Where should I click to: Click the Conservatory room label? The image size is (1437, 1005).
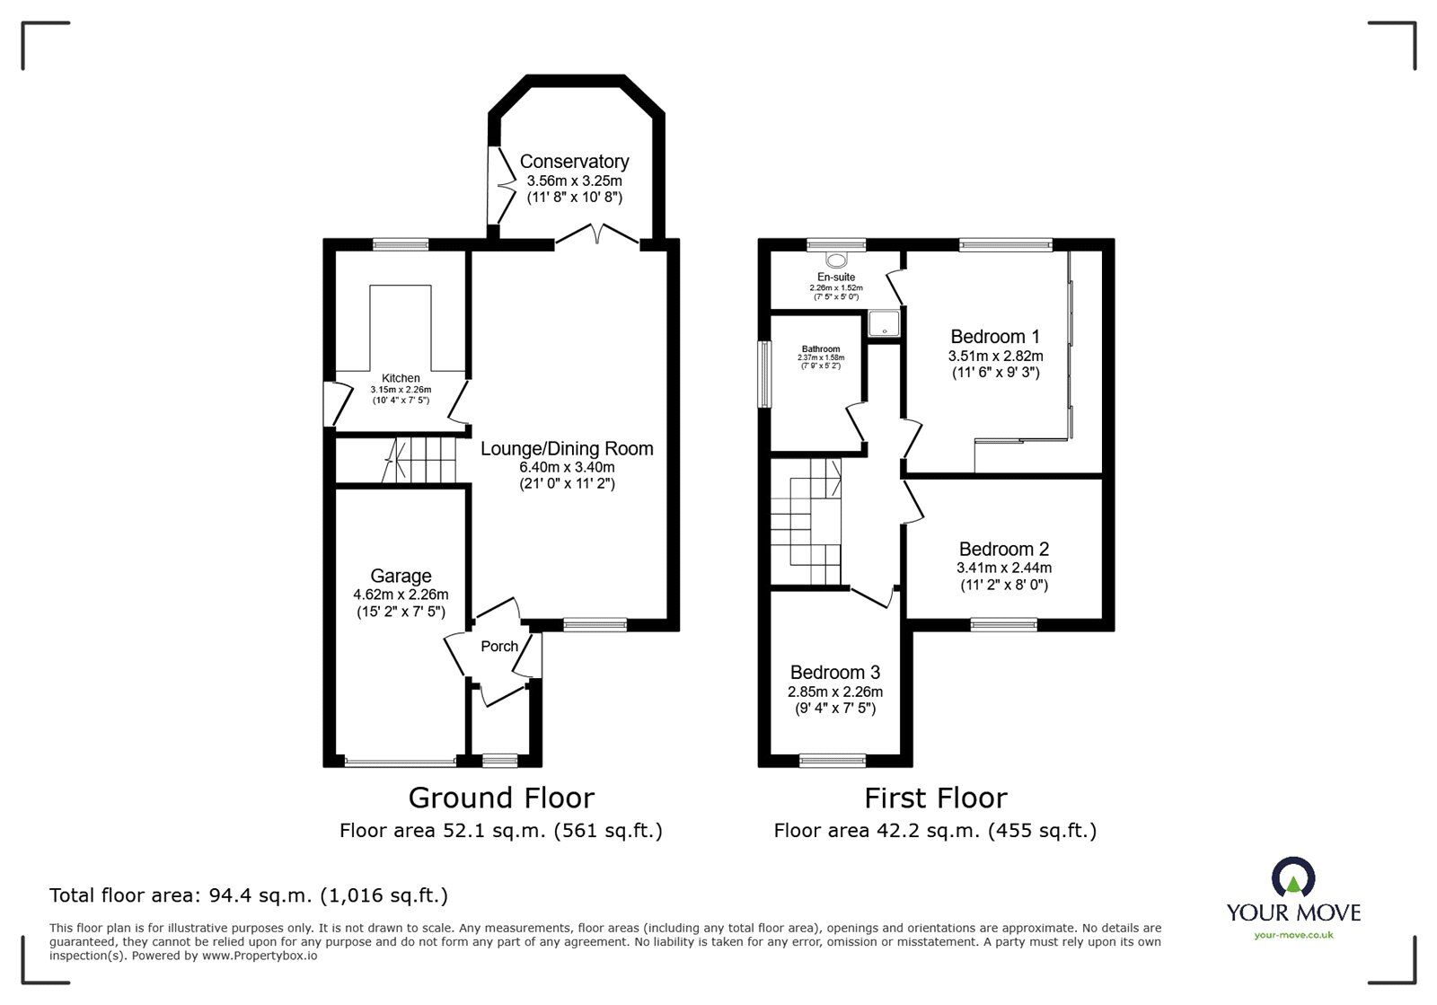574,162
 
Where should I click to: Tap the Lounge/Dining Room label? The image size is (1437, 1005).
567,448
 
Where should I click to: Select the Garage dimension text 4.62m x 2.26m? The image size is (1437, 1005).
401,595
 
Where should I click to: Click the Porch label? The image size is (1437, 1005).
499,647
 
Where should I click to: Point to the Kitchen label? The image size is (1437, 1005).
401,378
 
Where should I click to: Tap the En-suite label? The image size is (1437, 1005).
836,278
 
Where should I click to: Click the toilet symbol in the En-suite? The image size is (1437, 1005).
838,260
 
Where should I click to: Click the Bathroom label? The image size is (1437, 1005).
821,349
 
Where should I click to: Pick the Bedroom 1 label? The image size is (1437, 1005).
995,337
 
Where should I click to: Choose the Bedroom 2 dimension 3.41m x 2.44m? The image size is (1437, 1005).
1003,568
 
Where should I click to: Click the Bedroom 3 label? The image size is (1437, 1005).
834,673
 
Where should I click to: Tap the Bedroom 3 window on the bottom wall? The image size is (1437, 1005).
833,762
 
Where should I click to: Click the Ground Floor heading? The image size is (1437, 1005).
501,798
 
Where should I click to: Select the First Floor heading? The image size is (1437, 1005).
936,798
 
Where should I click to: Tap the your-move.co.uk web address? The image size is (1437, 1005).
1293,935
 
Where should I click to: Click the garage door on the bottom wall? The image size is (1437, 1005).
401,763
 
